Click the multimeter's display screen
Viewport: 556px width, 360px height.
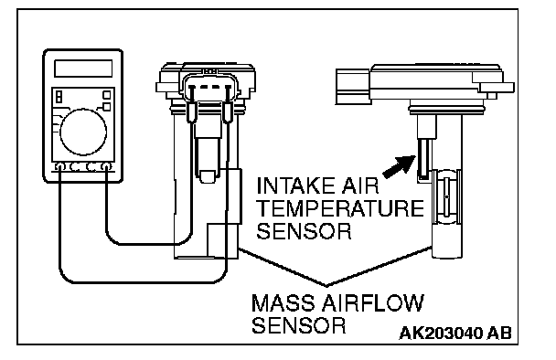coord(83,69)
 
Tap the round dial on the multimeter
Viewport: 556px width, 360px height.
coord(83,132)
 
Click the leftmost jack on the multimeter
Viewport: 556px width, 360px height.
coord(60,166)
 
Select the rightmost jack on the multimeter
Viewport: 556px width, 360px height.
coord(106,166)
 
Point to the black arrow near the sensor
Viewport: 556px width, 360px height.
coord(400,166)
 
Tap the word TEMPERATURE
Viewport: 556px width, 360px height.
coord(339,208)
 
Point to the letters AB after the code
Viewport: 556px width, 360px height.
coord(499,334)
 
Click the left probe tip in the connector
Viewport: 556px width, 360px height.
coord(191,112)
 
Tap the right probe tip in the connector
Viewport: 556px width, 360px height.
coord(228,112)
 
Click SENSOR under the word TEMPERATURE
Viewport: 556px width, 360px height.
coord(304,231)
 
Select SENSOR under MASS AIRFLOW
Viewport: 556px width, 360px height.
coord(298,325)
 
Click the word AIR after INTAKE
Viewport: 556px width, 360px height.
coord(360,185)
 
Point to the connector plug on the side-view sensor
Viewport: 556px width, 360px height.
coord(352,87)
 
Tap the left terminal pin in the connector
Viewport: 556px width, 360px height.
coord(192,88)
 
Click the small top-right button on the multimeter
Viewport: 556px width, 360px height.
coord(106,95)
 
